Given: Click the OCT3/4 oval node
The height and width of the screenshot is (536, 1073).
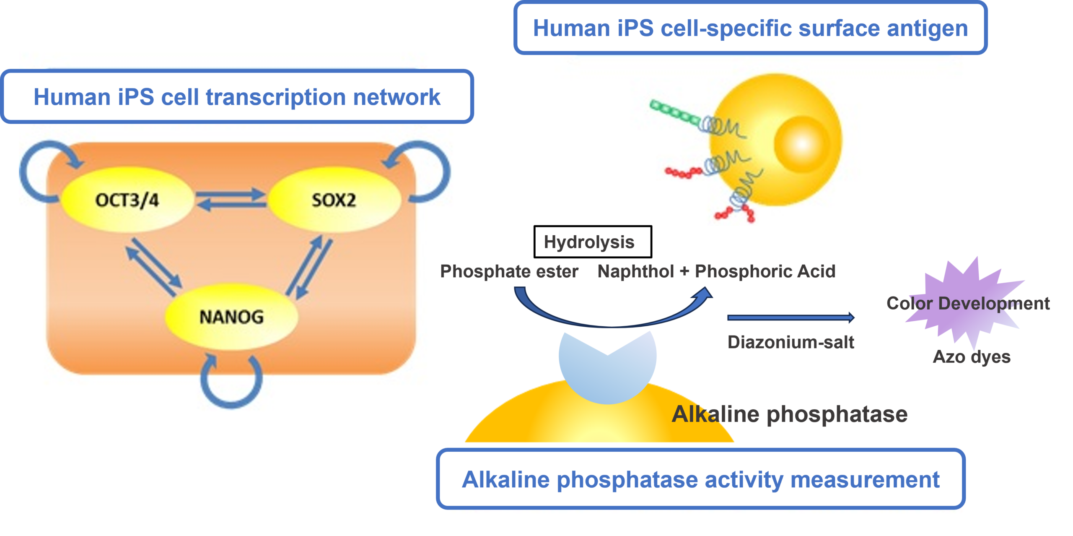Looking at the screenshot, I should (x=127, y=200).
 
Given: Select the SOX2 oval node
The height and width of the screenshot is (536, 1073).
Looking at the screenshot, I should (x=334, y=200).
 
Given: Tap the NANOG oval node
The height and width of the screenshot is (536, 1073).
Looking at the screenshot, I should (x=231, y=317).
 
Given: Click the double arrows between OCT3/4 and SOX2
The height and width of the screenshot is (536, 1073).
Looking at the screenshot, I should (x=231, y=200).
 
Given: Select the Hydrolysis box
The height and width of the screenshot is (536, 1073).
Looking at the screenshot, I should (x=592, y=242).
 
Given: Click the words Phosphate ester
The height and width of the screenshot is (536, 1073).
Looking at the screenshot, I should (x=509, y=271).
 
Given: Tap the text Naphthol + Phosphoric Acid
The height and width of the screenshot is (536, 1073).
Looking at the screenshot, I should (x=716, y=271).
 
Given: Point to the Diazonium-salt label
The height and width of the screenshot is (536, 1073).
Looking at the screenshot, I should (x=790, y=342).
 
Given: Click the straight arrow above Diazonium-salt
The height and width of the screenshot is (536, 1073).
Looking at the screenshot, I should (x=790, y=317).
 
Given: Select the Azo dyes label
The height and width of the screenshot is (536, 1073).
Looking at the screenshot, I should (x=972, y=357).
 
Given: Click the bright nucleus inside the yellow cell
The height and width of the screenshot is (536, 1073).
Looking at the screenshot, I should (x=801, y=144).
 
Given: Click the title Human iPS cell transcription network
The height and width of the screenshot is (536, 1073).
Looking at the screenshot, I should (x=237, y=97).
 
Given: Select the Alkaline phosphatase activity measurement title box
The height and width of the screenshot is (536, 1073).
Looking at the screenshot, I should (x=700, y=479).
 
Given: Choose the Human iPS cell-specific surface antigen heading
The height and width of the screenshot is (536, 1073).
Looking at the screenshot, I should (x=750, y=28).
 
